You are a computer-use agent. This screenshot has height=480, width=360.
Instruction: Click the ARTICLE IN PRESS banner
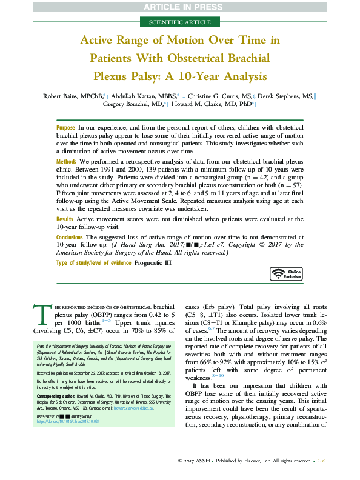coord(180,7)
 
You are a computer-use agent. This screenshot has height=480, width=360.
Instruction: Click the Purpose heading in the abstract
coord(65,128)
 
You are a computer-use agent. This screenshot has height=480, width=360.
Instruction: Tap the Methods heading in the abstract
coord(67,162)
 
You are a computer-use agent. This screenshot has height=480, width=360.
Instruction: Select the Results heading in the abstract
coord(65,218)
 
